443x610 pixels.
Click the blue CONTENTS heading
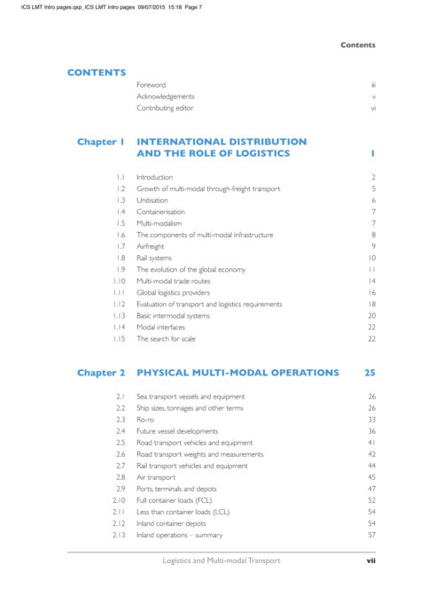coord(97,73)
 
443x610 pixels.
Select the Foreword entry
coord(151,85)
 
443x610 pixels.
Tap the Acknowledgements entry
coord(166,97)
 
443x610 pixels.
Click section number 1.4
coord(120,212)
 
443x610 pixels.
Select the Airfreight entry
coord(151,246)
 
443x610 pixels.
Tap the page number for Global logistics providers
coord(373,292)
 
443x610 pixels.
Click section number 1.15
coord(119,338)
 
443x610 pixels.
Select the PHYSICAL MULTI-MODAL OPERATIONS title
coord(237,373)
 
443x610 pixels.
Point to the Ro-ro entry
coord(146,420)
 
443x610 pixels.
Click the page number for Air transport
coord(372,477)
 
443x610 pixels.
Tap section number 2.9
coord(120,489)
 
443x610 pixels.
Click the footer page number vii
coord(372,560)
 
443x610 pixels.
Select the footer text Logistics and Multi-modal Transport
coord(221,560)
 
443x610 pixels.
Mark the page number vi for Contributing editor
coord(374,108)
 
